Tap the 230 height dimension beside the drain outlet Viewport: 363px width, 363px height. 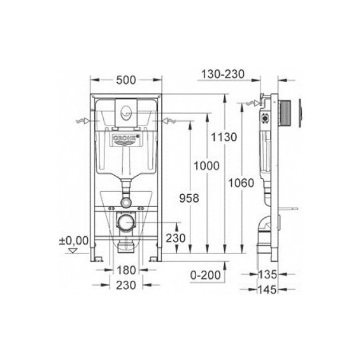(x=176, y=238)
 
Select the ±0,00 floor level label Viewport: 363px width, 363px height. (x=75, y=240)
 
